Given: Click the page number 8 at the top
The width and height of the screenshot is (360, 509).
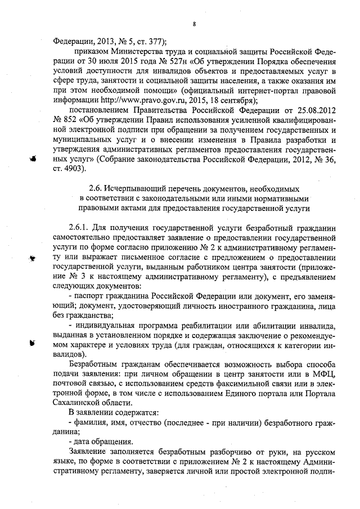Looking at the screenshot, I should point(193,24).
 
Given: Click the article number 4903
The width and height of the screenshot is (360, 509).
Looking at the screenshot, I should point(76,168).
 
